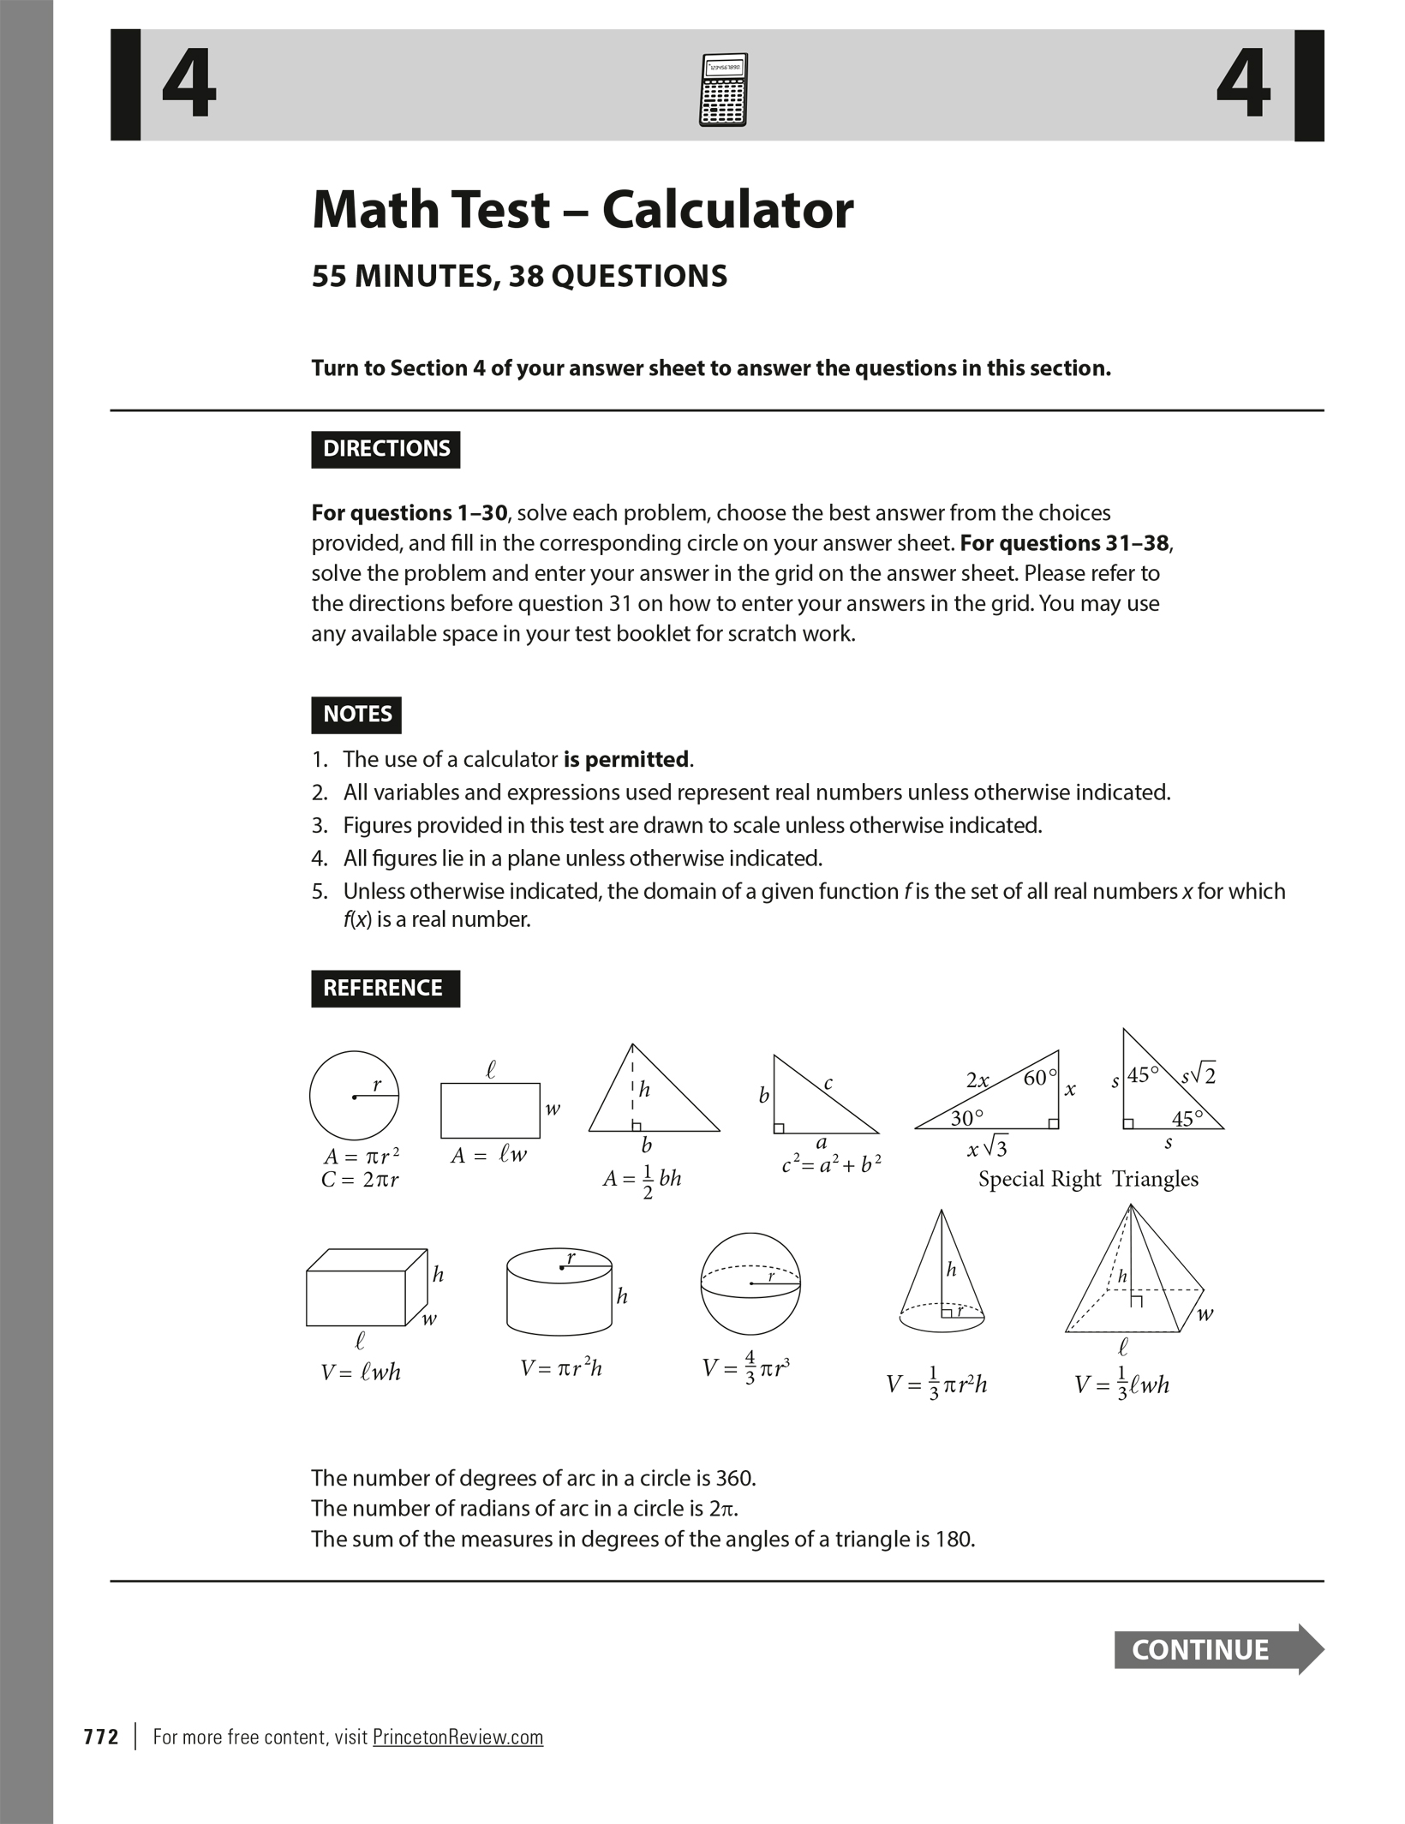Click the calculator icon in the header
pos(723,89)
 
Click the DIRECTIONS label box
pos(386,449)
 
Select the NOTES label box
pos(356,715)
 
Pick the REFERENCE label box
pos(385,988)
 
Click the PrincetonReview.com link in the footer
pos(457,1737)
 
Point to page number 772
pos(101,1737)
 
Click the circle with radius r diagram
pos(354,1095)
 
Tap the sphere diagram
pos(750,1283)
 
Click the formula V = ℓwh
pos(361,1372)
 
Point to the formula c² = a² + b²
pos(831,1164)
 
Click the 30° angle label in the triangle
pos(966,1118)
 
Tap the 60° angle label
pos(1039,1078)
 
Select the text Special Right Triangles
pos(1088,1179)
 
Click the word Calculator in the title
pos(727,210)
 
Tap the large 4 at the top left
pos(189,86)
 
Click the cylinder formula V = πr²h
pos(561,1368)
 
